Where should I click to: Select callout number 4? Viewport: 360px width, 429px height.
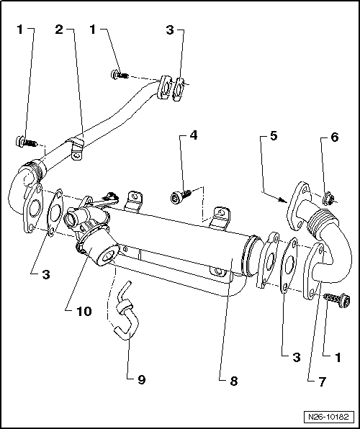[x=194, y=135]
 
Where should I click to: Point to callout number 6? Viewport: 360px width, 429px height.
[x=333, y=135]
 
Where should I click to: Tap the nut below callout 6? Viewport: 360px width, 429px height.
[x=325, y=196]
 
